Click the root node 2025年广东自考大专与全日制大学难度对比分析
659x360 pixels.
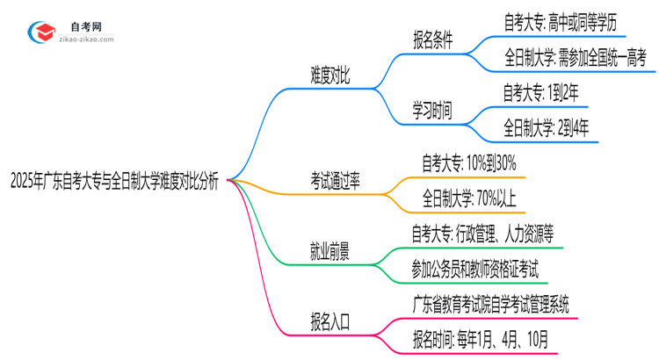point(114,182)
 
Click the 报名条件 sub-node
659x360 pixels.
point(432,40)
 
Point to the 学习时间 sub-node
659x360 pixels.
point(432,110)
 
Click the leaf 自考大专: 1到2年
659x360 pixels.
point(540,91)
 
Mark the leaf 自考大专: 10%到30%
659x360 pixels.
point(468,162)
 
